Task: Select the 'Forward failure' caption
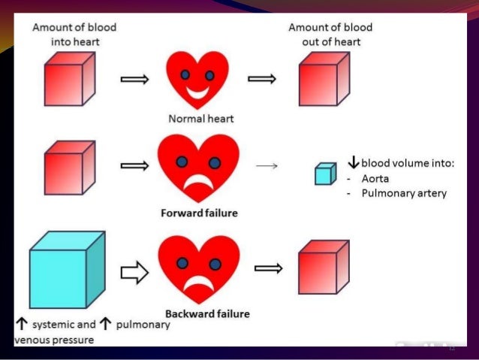point(200,213)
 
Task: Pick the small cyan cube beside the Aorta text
point(323,174)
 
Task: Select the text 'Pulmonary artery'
point(404,193)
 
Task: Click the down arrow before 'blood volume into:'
point(354,162)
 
